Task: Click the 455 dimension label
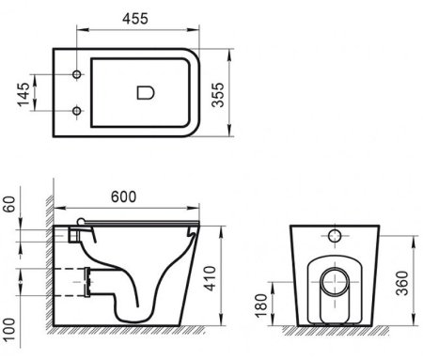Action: (135, 19)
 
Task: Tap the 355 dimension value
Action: (218, 95)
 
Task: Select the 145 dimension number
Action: (23, 94)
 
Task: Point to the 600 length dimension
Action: (123, 196)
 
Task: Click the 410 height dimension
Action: (210, 278)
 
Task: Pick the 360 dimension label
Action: (402, 283)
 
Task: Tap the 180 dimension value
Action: (261, 305)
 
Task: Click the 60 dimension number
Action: (9, 204)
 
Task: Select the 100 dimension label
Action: (9, 330)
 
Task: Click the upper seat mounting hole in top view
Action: (77, 74)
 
